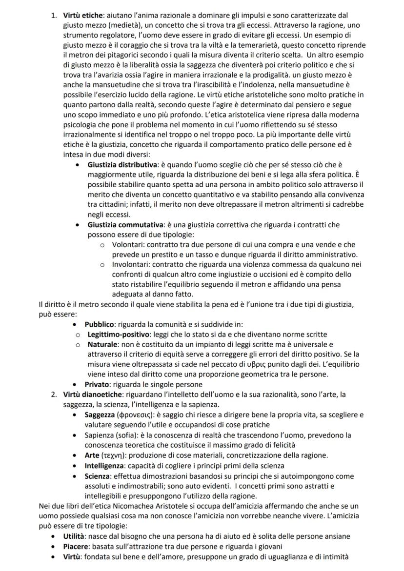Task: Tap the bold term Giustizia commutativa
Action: pyautogui.click(x=125, y=225)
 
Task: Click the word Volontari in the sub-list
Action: pyautogui.click(x=128, y=244)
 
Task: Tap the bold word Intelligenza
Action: pyautogui.click(x=107, y=465)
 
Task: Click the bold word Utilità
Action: pyautogui.click(x=76, y=536)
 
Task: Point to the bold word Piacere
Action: pyautogui.click(x=77, y=546)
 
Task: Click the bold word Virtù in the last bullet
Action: pyautogui.click(x=74, y=556)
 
